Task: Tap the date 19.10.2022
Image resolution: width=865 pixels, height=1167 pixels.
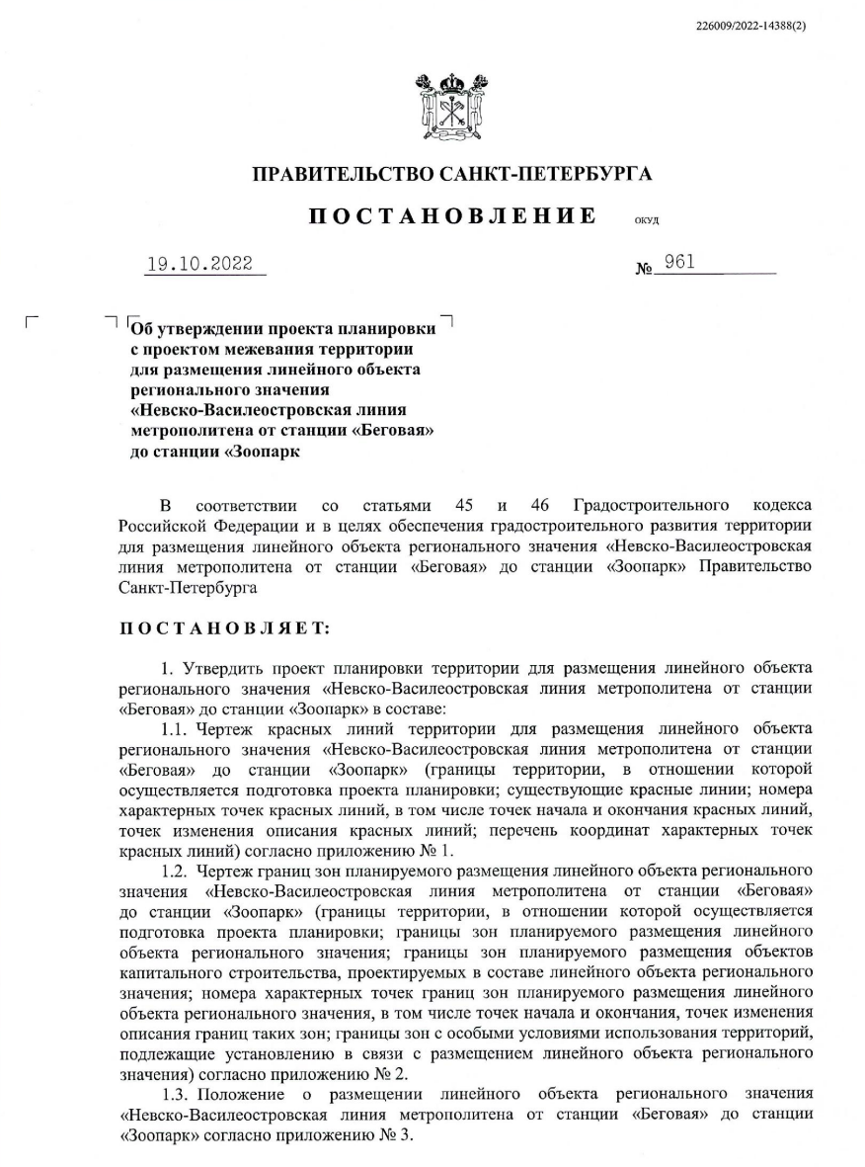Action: (199, 264)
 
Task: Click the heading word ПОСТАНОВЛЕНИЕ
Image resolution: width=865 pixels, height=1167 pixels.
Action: (452, 216)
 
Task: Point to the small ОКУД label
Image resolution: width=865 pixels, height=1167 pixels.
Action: (647, 221)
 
